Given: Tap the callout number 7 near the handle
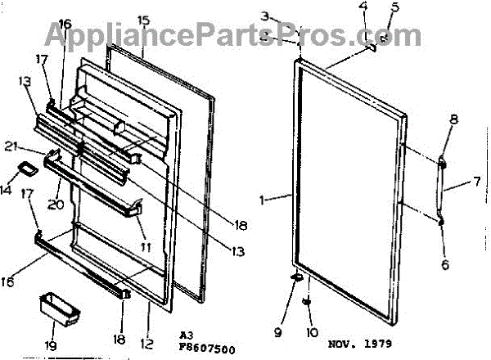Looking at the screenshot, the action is [x=475, y=184].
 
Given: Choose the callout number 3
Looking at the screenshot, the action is [x=264, y=16].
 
